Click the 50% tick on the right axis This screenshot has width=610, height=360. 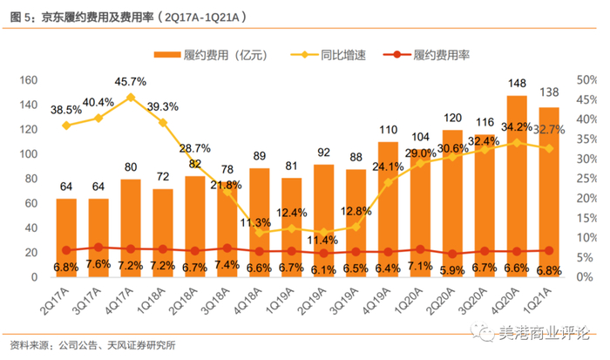586,80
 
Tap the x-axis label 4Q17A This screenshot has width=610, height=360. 125,302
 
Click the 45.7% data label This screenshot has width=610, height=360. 131,81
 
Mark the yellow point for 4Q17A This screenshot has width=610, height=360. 130,98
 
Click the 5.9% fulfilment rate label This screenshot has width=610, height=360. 453,270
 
